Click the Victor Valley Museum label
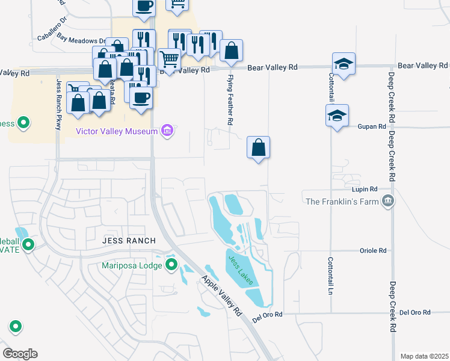coord(117,131)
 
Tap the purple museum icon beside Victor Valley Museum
coord(167,131)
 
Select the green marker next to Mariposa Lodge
coord(171,265)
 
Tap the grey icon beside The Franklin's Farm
coord(389,201)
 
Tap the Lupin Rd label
coord(369,188)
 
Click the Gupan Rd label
coord(373,126)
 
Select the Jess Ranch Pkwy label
coord(58,103)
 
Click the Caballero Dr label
coord(54,32)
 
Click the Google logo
coord(20,354)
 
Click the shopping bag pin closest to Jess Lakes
coord(258,147)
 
